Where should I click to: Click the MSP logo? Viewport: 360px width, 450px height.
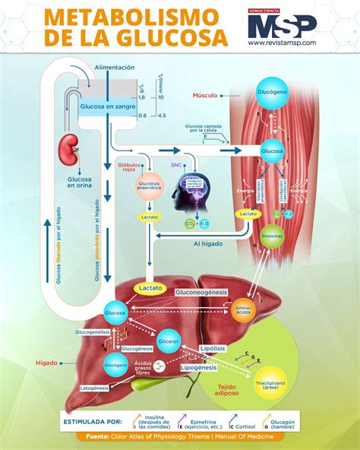coord(281,24)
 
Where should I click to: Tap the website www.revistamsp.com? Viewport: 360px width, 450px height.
coord(282,43)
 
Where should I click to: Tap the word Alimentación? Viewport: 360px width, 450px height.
coord(115,68)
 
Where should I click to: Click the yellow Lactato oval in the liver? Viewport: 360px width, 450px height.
coord(149,288)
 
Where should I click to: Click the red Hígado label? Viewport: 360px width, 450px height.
coord(46,363)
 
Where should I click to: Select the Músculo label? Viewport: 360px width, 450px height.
coord(204,96)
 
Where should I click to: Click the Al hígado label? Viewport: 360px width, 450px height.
coord(207,244)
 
